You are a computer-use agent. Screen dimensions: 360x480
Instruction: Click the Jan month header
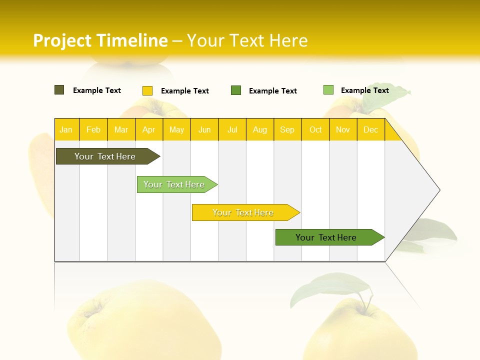pyautogui.click(x=66, y=129)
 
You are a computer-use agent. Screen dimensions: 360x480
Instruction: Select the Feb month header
pyautogui.click(x=93, y=129)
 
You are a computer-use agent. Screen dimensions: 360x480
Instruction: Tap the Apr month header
pyautogui.click(x=148, y=129)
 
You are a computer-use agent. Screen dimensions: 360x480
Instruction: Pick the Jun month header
pyautogui.click(x=204, y=129)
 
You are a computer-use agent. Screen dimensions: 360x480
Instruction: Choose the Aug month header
pyautogui.click(x=259, y=129)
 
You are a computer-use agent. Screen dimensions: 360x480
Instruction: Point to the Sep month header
pyautogui.click(x=287, y=129)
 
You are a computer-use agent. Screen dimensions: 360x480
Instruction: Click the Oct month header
pyautogui.click(x=315, y=129)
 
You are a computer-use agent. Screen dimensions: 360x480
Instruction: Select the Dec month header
pyautogui.click(x=370, y=129)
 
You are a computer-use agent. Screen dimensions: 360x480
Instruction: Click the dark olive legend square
pyautogui.click(x=59, y=90)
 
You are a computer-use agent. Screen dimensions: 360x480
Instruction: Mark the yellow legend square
pyautogui.click(x=147, y=90)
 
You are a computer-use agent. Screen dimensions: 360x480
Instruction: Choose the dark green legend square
pyautogui.click(x=236, y=90)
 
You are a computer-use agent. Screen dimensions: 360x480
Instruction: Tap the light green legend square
pyautogui.click(x=328, y=90)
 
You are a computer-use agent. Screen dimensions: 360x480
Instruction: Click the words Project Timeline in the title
pyautogui.click(x=100, y=40)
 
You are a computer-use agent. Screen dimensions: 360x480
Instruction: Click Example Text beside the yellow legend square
pyautogui.click(x=185, y=91)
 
